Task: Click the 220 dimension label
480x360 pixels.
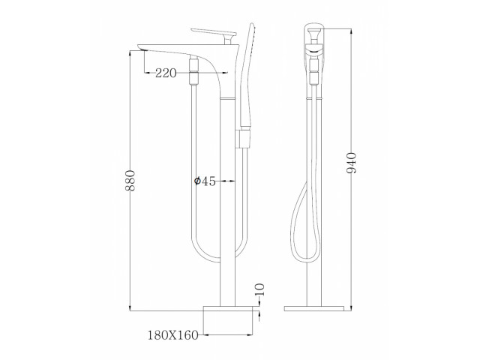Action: coord(166,73)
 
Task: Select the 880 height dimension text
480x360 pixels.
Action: coord(130,181)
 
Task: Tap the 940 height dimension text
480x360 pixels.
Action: coord(352,163)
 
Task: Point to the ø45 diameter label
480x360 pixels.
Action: coord(205,181)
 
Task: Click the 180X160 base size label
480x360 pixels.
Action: coord(173,335)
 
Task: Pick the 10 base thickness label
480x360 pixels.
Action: coord(259,289)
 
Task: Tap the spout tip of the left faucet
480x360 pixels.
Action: coord(142,47)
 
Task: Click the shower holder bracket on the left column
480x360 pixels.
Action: coord(243,139)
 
